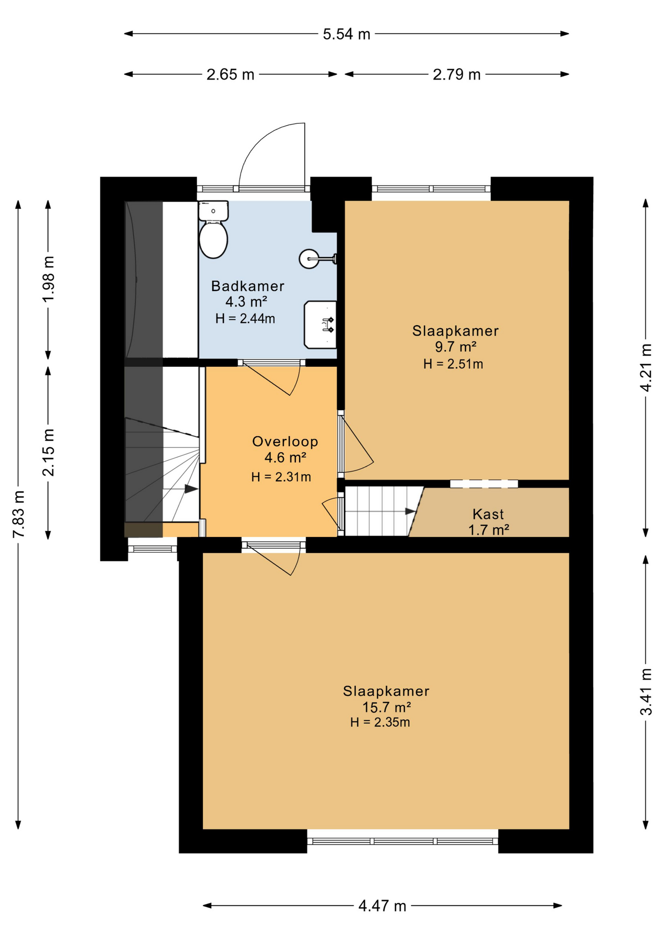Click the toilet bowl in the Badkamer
click(x=214, y=239)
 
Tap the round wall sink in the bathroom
click(x=310, y=259)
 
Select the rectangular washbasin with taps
click(x=320, y=324)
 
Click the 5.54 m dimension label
click(x=347, y=34)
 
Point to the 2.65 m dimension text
click(x=230, y=74)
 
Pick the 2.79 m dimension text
click(x=457, y=74)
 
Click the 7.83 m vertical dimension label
click(x=19, y=514)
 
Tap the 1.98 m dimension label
click(x=48, y=279)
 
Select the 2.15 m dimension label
click(x=48, y=452)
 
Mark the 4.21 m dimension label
click(x=646, y=368)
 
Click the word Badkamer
click(x=247, y=286)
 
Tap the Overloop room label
click(x=285, y=442)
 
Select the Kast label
click(x=488, y=514)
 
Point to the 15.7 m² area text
click(x=386, y=707)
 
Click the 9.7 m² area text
click(x=456, y=347)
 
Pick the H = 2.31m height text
click(x=281, y=477)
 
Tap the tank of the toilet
click(x=214, y=211)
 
